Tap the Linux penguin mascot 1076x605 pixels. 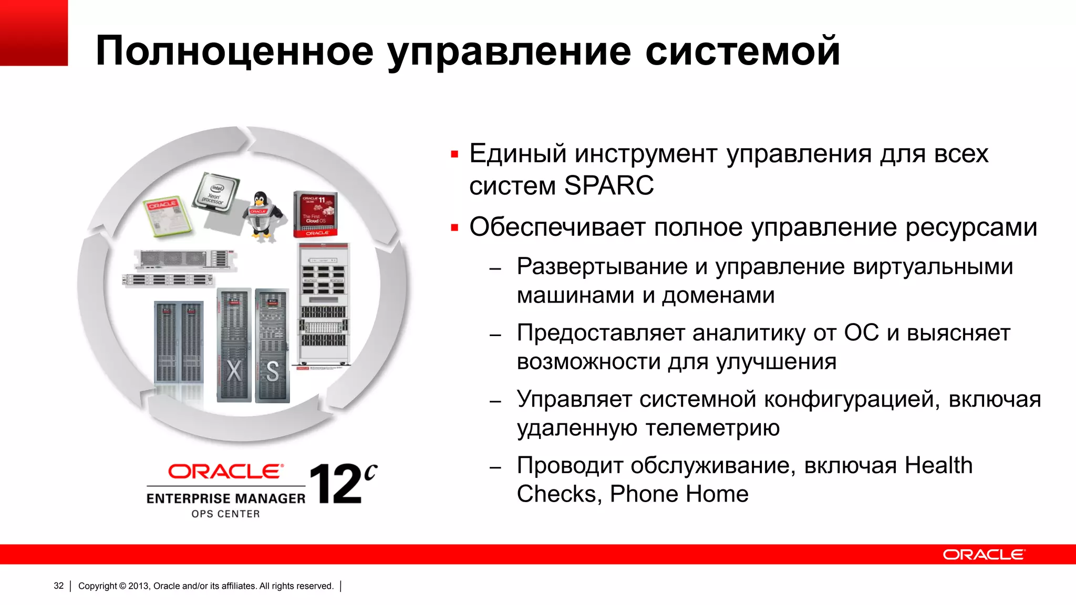pos(261,216)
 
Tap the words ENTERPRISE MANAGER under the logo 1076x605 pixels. pos(226,498)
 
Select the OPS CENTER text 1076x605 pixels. pos(226,514)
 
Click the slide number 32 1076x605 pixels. pos(59,586)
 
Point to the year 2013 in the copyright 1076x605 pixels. pos(139,586)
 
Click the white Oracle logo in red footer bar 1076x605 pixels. pos(984,555)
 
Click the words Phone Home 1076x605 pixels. pos(679,494)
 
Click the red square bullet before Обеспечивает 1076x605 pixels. pos(455,228)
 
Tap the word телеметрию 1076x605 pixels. pos(712,428)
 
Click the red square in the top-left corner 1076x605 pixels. pos(34,33)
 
